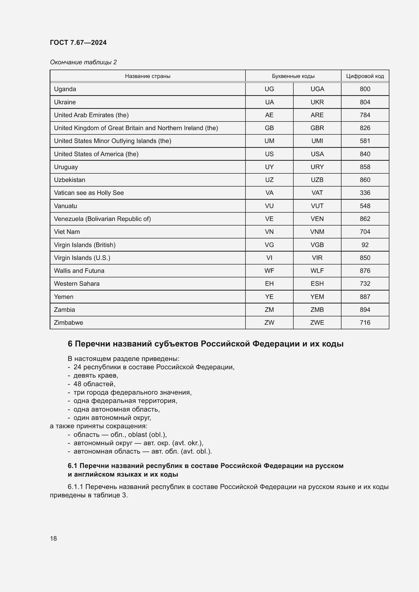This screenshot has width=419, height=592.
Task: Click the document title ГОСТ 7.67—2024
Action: (78, 43)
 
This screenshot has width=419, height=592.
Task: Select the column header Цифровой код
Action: (365, 76)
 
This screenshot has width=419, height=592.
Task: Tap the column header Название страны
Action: (148, 76)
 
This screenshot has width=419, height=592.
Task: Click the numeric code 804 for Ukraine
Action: (365, 102)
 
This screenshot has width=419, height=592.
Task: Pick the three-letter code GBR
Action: (317, 128)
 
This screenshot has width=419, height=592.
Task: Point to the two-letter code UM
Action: (269, 141)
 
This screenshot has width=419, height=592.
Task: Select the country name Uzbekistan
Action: (69, 180)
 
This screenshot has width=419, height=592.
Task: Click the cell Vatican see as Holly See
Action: (89, 193)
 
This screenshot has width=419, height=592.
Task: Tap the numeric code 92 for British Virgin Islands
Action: (365, 245)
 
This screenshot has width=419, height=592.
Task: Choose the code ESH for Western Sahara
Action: (317, 284)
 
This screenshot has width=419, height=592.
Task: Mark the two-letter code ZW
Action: (269, 322)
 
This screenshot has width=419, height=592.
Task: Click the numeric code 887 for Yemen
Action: (365, 297)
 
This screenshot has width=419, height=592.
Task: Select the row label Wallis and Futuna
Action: (79, 271)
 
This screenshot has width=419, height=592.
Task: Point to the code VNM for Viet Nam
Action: (317, 232)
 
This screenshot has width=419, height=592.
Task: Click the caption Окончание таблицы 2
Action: (83, 62)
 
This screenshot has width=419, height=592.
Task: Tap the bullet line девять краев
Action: (96, 375)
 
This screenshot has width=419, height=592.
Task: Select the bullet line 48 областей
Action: (94, 384)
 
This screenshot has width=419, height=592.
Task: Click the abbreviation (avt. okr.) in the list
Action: (191, 443)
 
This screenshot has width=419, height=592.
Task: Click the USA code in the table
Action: (317, 154)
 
